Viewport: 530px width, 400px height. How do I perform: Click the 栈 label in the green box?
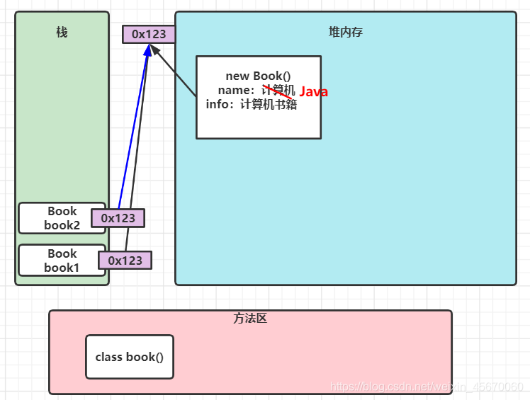(x=62, y=32)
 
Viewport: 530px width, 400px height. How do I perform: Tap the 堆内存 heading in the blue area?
(x=346, y=32)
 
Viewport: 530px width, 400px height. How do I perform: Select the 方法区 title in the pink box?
(x=249, y=319)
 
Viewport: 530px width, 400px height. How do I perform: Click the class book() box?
(x=129, y=357)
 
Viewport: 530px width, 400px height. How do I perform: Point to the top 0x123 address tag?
(x=149, y=34)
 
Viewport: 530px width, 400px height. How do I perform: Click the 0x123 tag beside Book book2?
(x=118, y=218)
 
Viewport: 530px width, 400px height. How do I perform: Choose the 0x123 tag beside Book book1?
(x=125, y=261)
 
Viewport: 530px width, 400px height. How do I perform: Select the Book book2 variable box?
(x=62, y=218)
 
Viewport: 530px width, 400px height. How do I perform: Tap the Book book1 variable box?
(x=62, y=261)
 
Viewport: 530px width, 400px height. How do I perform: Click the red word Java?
(x=313, y=92)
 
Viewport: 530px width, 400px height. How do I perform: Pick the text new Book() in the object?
(x=258, y=76)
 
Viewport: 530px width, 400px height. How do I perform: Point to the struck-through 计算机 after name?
(x=278, y=90)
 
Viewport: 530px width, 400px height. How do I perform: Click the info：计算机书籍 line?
(x=251, y=104)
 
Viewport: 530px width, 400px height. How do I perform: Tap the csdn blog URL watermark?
(x=427, y=387)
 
